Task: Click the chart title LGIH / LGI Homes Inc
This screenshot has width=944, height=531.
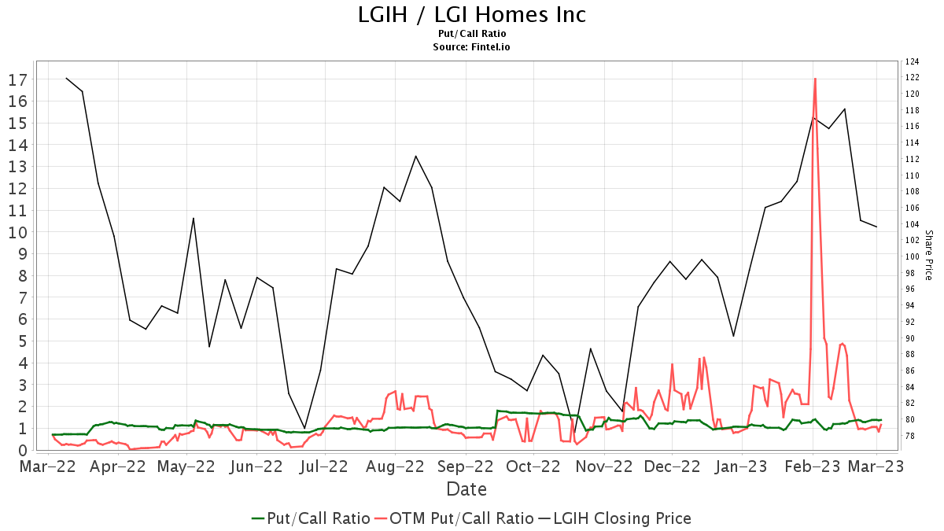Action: pos(472,14)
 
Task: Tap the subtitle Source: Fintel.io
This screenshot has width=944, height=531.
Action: pos(472,47)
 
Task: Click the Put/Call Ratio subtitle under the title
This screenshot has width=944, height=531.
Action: pos(472,34)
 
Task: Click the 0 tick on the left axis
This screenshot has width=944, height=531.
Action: pos(22,451)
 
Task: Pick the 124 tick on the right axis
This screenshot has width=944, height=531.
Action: pos(913,61)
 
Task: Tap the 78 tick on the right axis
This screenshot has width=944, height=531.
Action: pos(910,437)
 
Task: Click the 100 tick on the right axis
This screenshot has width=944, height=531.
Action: pos(913,256)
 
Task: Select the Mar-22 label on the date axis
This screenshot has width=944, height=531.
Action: pos(49,466)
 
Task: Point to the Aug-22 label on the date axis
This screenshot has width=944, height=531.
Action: pos(396,466)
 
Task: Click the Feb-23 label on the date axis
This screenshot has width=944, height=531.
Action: pos(812,466)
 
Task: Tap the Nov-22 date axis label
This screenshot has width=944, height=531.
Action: pos(604,466)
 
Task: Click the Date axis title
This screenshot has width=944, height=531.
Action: pos(466,489)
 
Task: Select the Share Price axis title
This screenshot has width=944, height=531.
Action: pos(928,255)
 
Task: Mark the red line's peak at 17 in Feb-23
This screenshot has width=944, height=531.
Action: pos(815,79)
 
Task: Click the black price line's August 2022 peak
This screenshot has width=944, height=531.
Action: pos(415,156)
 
